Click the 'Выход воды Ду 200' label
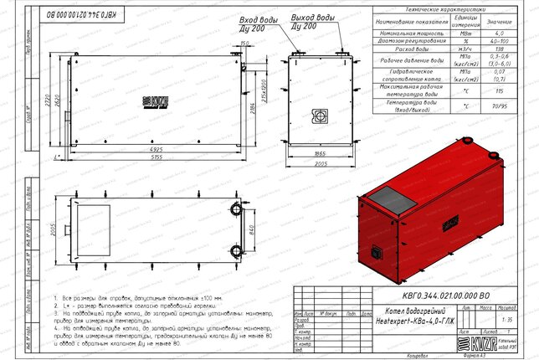pyautogui.click(x=312, y=21)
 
